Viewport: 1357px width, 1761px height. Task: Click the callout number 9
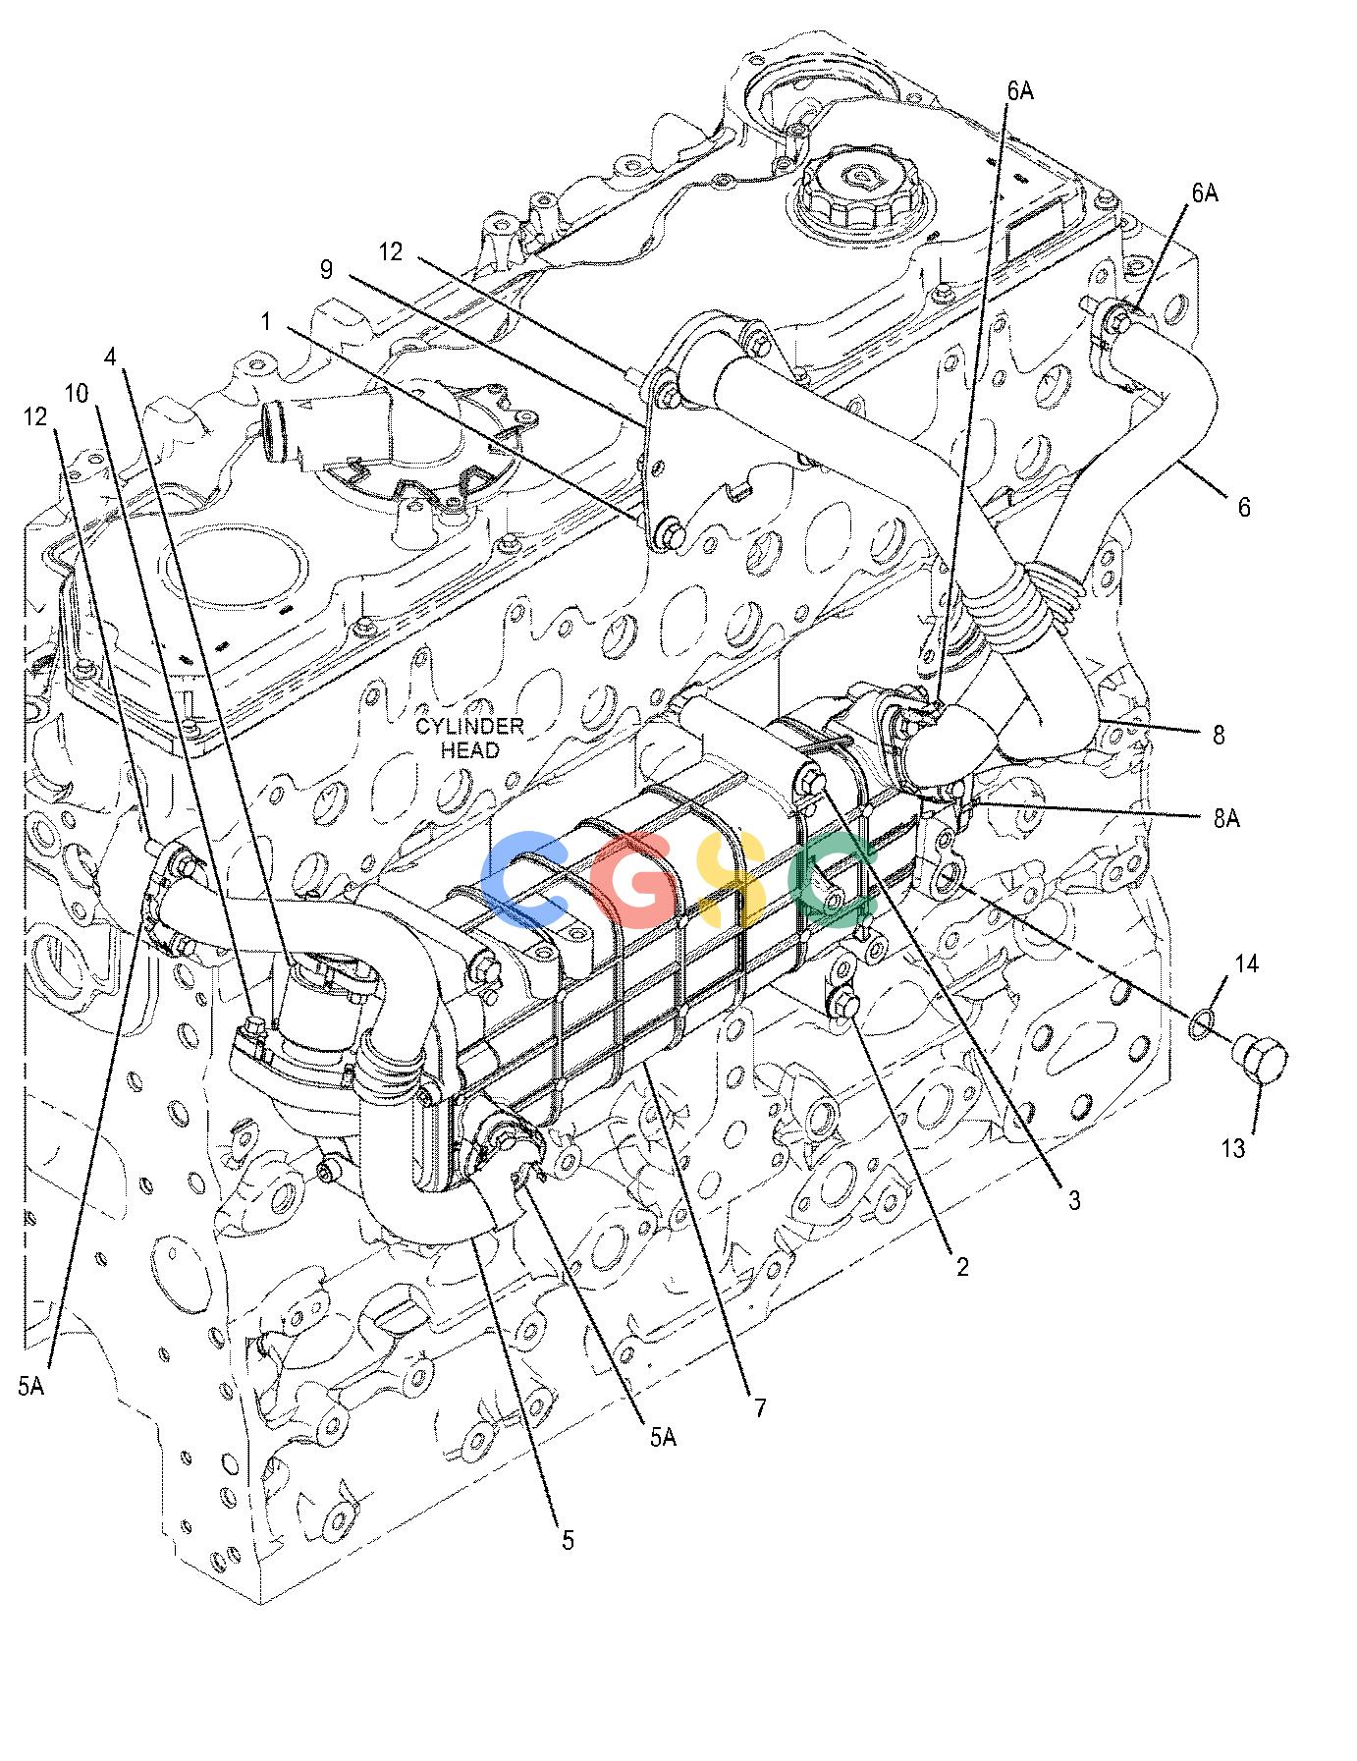[327, 269]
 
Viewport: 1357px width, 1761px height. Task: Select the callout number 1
[266, 320]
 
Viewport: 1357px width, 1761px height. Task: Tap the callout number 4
[112, 357]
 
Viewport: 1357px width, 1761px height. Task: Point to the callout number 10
[77, 394]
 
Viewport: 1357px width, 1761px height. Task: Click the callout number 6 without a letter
[1244, 507]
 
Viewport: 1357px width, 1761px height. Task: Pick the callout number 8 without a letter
[1219, 735]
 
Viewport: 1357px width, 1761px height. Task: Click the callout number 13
[1233, 1147]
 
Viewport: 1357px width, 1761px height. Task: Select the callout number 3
[1074, 1199]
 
